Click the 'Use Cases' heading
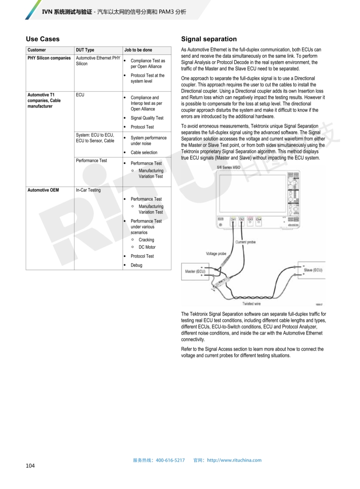[x=43, y=39]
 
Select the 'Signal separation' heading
[x=209, y=39]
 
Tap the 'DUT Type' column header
[x=85, y=50]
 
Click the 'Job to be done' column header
[x=138, y=50]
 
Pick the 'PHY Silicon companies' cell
[x=49, y=58]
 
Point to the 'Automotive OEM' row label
[x=43, y=190]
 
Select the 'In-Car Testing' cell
[x=88, y=190]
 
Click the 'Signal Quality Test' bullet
[x=147, y=118]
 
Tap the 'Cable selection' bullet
[x=144, y=153]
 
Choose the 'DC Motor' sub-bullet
[x=147, y=247]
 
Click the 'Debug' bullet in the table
[x=136, y=265]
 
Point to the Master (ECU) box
[x=195, y=272]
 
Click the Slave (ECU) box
[x=313, y=270]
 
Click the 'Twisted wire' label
[x=252, y=304]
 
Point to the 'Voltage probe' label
[x=216, y=254]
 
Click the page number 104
[x=30, y=465]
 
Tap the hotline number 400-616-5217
[x=170, y=460]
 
